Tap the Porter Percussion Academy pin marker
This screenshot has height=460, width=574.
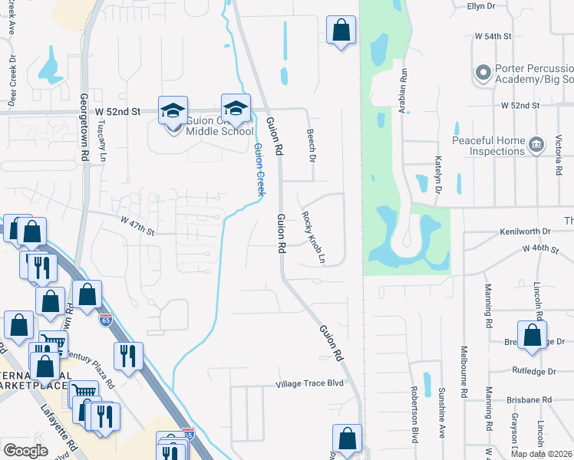pyautogui.click(x=483, y=73)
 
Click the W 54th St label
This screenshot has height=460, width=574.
pyautogui.click(x=493, y=36)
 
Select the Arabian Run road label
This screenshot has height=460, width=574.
pyautogui.click(x=402, y=90)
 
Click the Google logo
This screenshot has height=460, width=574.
pyautogui.click(x=26, y=451)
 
